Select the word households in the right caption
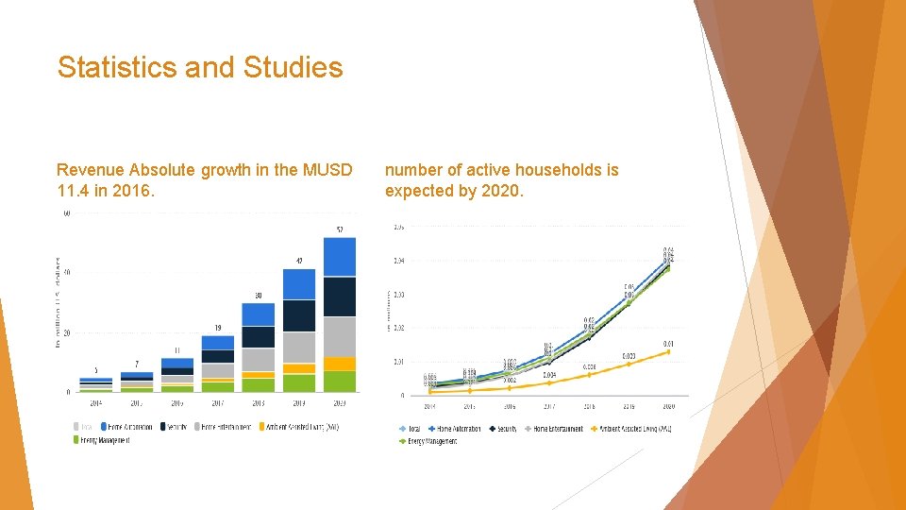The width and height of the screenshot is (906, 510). click(542, 170)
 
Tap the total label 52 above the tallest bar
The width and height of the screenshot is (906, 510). click(339, 229)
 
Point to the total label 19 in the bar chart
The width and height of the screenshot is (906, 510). click(218, 328)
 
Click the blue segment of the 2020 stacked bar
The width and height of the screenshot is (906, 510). click(339, 256)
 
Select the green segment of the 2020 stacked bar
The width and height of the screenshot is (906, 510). click(339, 381)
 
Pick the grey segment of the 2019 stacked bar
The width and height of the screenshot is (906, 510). click(299, 347)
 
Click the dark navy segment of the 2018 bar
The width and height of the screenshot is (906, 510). click(258, 337)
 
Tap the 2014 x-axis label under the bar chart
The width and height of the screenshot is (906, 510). click(95, 403)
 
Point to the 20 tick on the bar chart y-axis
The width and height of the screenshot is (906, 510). click(66, 332)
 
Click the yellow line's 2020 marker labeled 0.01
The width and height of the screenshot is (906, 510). click(668, 351)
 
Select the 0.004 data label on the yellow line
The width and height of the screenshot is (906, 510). click(548, 375)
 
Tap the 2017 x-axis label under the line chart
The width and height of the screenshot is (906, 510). click(548, 407)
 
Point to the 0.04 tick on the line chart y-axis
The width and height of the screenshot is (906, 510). click(399, 261)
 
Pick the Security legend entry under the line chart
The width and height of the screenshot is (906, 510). click(501, 429)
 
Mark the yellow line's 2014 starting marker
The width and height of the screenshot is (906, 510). click(430, 391)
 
